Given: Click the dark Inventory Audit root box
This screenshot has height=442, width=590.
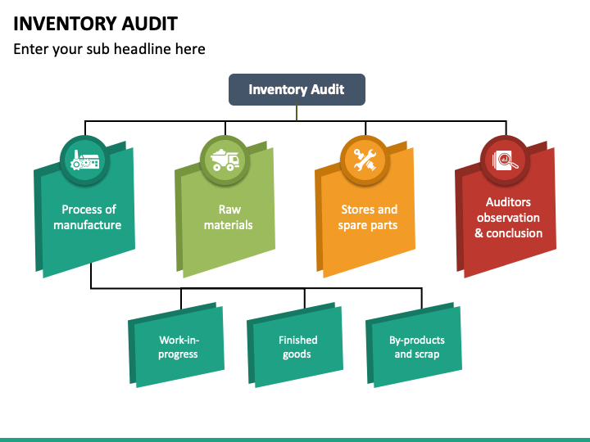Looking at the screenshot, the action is (297, 89).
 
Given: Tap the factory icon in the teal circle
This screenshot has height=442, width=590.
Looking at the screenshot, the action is (85, 160).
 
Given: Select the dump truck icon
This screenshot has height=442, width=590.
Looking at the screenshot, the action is (225, 160).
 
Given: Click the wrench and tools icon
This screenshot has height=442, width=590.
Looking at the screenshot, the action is (365, 160).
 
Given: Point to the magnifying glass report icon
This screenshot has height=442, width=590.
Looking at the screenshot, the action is (506, 160).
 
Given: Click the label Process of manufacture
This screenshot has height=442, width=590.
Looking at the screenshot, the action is (88, 217).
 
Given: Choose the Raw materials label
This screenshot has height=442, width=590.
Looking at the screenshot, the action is (229, 217).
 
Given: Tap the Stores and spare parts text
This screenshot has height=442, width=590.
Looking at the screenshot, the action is (368, 217).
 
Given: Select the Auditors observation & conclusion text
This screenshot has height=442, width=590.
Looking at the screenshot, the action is (508, 218).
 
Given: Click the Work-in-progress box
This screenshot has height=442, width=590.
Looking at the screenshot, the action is (177, 345).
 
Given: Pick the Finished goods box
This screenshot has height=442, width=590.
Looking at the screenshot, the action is (295, 345).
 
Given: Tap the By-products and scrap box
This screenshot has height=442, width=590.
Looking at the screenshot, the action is (415, 345).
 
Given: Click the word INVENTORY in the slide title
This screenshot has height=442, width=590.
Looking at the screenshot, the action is (65, 24).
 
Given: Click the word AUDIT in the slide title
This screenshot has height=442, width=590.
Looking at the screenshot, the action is (150, 24).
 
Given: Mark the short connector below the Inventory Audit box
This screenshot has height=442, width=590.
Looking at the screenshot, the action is (297, 113).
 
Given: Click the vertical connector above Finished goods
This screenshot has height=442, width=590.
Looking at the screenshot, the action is (305, 298).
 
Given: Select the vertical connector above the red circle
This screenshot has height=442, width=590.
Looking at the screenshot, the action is (506, 129).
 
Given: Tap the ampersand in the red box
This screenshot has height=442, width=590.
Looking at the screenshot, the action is (479, 233).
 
